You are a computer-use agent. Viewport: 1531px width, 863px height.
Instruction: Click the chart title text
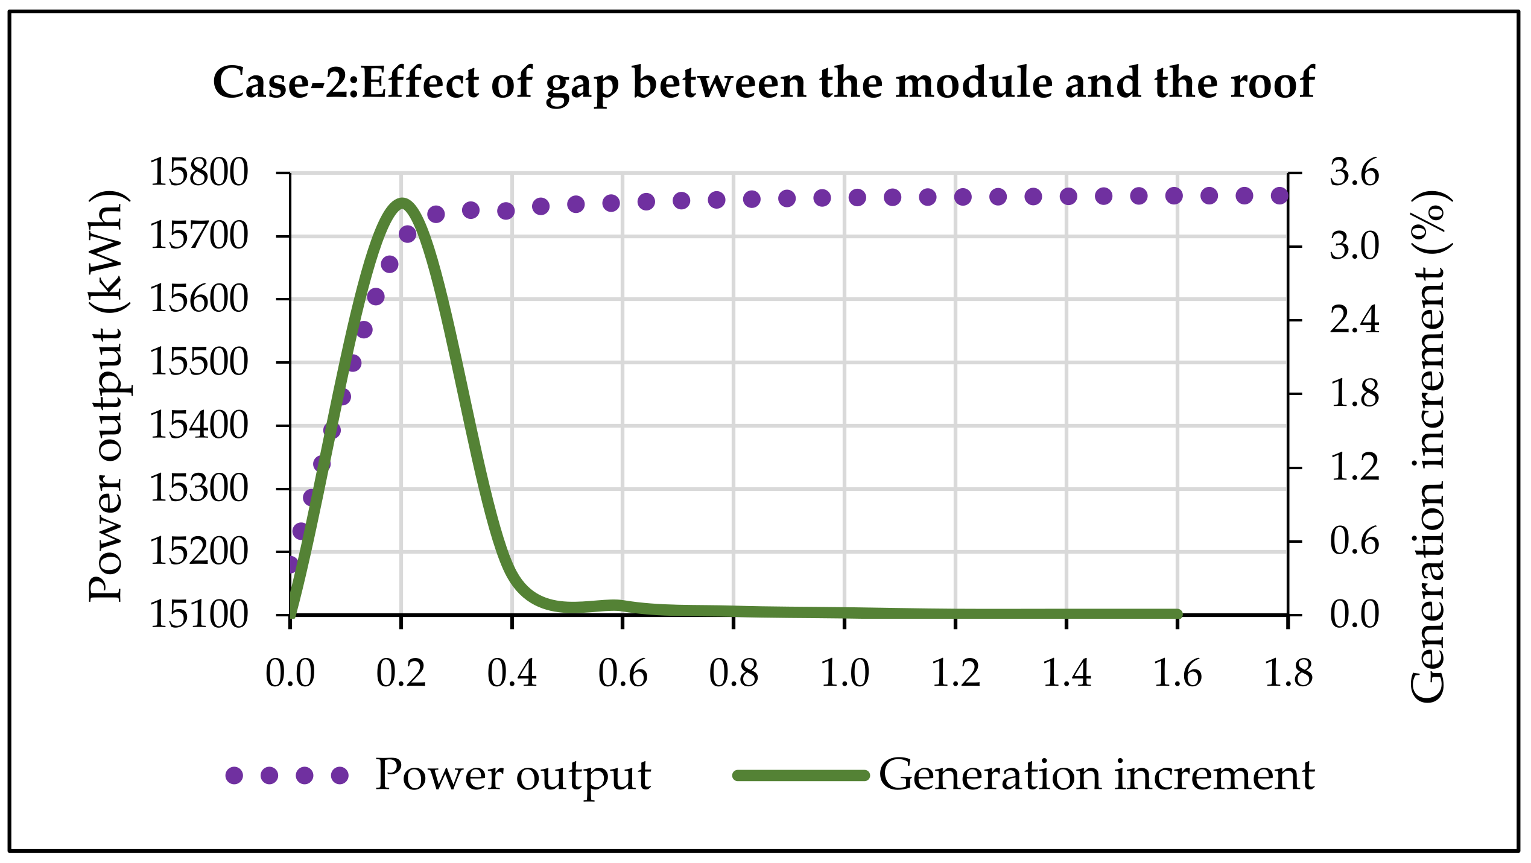(x=764, y=83)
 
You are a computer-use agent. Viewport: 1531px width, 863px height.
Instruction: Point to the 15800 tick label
(x=198, y=172)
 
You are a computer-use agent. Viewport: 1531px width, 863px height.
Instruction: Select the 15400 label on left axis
(x=198, y=425)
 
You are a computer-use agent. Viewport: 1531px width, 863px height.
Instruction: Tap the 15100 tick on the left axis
(x=198, y=615)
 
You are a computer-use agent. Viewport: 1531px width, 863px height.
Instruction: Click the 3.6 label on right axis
(x=1354, y=172)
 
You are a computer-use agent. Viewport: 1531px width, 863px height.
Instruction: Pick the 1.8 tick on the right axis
(x=1354, y=393)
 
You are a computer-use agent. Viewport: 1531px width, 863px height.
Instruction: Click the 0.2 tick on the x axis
(x=401, y=673)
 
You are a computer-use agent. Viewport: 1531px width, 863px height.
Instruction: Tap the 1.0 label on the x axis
(x=845, y=673)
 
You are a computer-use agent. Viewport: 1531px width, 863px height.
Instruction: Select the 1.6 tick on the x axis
(x=1178, y=673)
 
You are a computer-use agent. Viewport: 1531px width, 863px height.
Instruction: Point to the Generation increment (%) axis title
(x=1428, y=446)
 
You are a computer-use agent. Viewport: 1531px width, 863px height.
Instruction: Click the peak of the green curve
(x=401, y=201)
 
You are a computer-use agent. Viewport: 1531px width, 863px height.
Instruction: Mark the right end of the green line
(x=1177, y=614)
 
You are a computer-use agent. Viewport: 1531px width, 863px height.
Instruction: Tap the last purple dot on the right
(x=1279, y=195)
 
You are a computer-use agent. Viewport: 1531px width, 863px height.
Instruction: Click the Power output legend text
(x=513, y=775)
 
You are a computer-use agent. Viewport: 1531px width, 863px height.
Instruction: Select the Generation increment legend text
(x=1097, y=775)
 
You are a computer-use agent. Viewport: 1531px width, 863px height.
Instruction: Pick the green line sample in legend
(x=801, y=776)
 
